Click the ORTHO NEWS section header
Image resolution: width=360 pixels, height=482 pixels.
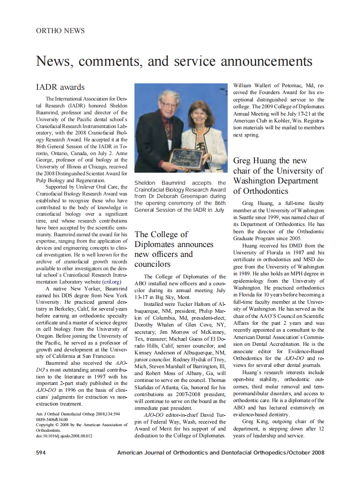60,31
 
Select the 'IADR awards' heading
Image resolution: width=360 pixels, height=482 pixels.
60,87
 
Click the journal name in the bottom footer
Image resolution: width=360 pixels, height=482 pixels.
221,452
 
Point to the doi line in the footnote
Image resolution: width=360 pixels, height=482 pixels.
64,436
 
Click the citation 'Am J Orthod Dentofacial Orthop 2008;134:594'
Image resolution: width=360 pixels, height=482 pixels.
77,415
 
